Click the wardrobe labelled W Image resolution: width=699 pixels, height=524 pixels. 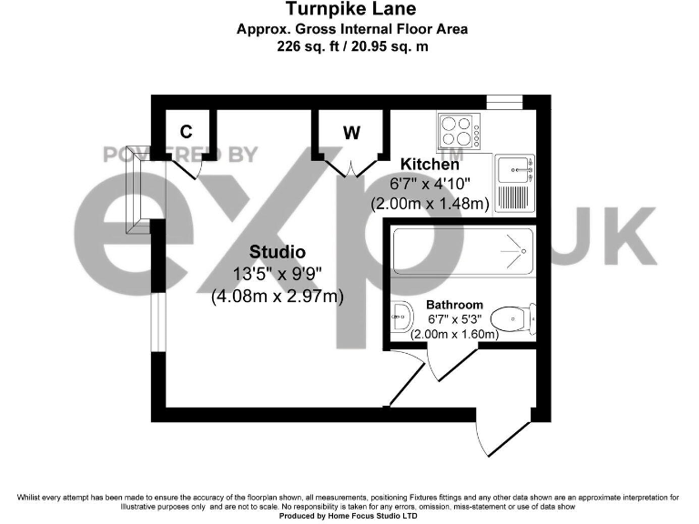click(x=351, y=133)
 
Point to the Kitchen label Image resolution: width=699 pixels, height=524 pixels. click(x=430, y=165)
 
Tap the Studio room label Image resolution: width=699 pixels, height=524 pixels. click(x=278, y=252)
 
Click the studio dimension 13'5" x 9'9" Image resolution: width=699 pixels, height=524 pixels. click(x=277, y=274)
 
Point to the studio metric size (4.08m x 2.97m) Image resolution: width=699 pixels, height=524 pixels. click(x=277, y=296)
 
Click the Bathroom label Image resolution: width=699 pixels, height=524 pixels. click(x=454, y=305)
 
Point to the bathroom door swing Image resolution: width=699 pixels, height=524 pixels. click(x=420, y=364)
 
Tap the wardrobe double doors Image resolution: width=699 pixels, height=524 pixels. click(x=352, y=167)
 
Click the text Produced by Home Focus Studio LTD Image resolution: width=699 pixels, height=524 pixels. click(x=349, y=515)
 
